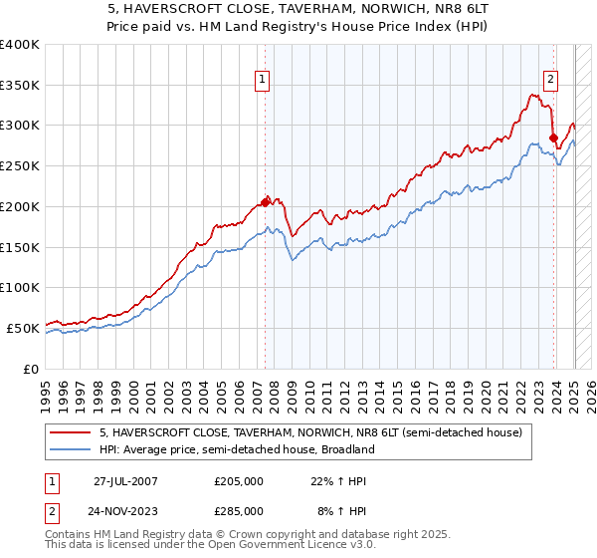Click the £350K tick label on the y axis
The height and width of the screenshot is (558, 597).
pos(20,86)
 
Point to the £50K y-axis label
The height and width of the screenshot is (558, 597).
pos(23,328)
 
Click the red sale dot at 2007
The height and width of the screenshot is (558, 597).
pos(266,202)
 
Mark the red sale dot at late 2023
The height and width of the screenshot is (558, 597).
pos(552,138)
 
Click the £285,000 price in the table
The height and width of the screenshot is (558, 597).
pos(239,510)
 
